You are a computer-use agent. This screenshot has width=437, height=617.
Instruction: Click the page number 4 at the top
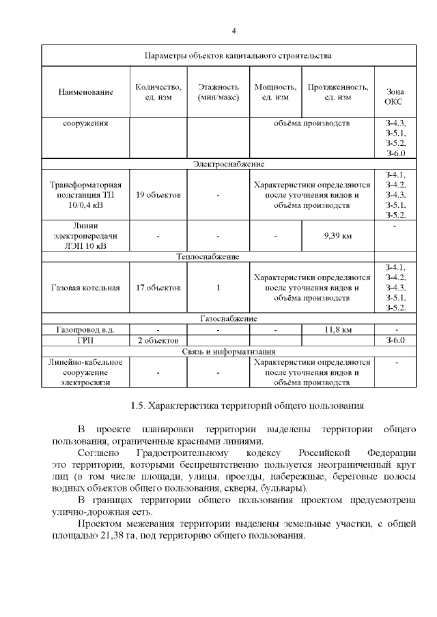(234, 31)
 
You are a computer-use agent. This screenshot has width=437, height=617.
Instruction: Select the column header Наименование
(85, 91)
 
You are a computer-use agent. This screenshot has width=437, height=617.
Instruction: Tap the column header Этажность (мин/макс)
(218, 91)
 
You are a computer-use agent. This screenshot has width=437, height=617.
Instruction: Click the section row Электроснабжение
(228, 164)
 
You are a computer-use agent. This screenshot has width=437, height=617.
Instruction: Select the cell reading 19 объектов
(158, 195)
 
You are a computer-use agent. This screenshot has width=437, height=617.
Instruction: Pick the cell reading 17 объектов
(158, 288)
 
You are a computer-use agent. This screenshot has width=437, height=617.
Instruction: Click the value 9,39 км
(337, 237)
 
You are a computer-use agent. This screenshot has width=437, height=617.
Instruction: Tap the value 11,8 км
(337, 330)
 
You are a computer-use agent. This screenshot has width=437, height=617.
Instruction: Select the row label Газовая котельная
(85, 288)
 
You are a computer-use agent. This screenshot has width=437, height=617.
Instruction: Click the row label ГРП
(85, 340)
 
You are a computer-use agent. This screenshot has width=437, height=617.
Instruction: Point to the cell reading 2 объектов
(158, 340)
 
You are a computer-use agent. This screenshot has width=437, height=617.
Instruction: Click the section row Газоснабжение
(228, 319)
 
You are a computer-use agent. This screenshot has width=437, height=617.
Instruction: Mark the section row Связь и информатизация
(228, 351)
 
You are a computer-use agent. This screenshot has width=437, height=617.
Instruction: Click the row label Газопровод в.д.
(85, 330)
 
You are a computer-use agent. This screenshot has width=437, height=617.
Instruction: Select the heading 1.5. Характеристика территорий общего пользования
(246, 406)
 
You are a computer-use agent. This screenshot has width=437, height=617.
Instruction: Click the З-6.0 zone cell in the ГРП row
(395, 340)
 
